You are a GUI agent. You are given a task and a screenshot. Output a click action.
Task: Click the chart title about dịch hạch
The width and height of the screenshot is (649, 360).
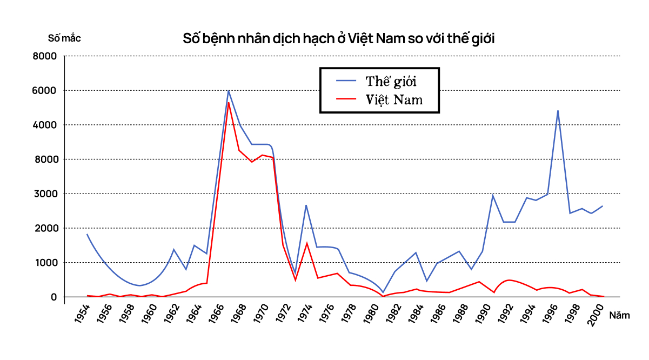pos(339,39)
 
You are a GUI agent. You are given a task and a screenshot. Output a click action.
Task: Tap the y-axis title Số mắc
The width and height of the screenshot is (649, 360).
pos(64,38)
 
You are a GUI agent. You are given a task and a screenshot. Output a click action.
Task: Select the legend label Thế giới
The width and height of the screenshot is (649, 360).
pos(391,81)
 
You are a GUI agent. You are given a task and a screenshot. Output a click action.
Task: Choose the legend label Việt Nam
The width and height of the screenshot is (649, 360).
pos(394,99)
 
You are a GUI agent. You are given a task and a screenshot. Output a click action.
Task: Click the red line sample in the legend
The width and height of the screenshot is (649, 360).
pos(346,99)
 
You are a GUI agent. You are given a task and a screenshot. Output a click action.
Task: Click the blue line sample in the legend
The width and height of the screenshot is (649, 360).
pos(346,81)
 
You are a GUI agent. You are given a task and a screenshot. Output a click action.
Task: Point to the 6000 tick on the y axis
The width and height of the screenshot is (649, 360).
pos(46,90)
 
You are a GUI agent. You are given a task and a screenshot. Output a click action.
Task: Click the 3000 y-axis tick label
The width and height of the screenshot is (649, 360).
pos(46,194)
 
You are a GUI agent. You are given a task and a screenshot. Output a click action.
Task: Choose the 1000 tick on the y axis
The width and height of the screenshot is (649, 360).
pos(46,263)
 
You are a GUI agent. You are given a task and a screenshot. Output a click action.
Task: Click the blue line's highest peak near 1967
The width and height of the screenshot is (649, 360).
pos(229,90)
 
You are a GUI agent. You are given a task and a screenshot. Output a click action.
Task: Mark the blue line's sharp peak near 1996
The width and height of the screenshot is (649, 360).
pos(558,111)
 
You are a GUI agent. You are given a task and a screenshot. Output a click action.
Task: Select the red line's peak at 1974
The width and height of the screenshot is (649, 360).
pos(306,243)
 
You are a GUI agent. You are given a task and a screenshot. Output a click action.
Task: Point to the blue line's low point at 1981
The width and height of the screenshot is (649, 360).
pos(383,292)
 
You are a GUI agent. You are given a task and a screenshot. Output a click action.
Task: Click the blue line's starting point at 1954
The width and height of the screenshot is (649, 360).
pos(87,234)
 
